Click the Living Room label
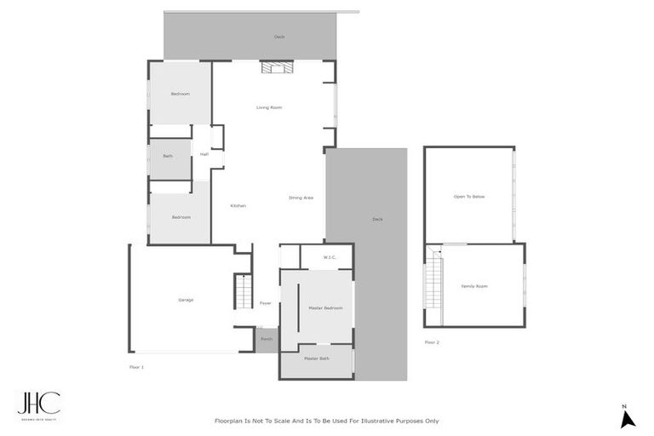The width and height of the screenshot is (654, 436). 269,107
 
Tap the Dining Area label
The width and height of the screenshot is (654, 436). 301,198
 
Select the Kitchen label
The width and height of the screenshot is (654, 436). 238,205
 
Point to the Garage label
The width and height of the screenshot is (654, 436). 186,300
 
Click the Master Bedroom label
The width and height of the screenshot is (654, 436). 325,307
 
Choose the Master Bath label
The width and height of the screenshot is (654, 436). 317,359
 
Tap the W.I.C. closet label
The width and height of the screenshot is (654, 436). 330,257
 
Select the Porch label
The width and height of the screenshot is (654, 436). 267,339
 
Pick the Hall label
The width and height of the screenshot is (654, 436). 204,154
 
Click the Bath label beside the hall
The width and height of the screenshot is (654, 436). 168,156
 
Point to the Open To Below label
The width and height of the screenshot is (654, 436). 469,197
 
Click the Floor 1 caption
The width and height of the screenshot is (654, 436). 136,366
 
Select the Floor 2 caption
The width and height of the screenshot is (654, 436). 432,342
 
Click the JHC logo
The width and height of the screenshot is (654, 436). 38,404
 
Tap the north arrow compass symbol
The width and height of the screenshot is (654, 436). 628,417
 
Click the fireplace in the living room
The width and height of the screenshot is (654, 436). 276,68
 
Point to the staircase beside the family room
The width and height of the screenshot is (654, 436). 433,285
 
